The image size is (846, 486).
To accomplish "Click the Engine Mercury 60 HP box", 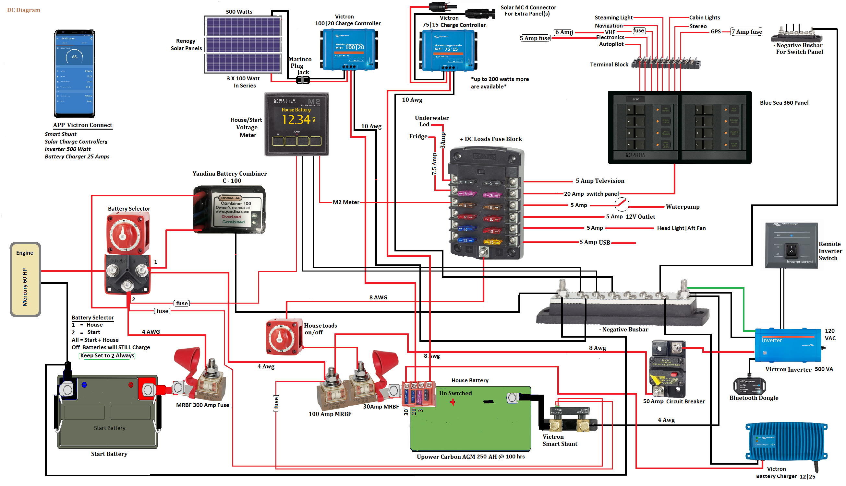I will click(x=25, y=279).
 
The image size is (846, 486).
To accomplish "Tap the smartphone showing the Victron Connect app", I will click(x=75, y=74).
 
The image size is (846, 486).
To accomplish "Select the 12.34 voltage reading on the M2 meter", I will click(x=296, y=120).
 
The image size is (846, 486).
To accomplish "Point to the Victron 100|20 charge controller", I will click(x=349, y=49).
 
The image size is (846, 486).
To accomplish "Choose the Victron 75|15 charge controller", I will click(x=448, y=50).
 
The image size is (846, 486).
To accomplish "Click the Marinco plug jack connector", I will click(x=303, y=80).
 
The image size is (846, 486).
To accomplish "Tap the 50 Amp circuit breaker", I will click(x=667, y=368).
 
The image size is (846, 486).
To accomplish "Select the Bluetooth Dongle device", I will click(x=749, y=386).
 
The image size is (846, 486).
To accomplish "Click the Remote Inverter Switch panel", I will click(x=791, y=245).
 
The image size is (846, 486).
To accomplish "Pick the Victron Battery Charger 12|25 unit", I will click(x=787, y=441).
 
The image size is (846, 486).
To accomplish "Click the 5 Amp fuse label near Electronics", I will click(x=535, y=38).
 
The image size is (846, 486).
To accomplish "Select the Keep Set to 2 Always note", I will click(x=107, y=355).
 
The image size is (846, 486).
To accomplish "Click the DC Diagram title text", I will click(x=24, y=10).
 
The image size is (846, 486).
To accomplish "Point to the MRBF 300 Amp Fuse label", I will click(x=202, y=405).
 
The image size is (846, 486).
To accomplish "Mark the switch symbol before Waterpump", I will click(x=622, y=204).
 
